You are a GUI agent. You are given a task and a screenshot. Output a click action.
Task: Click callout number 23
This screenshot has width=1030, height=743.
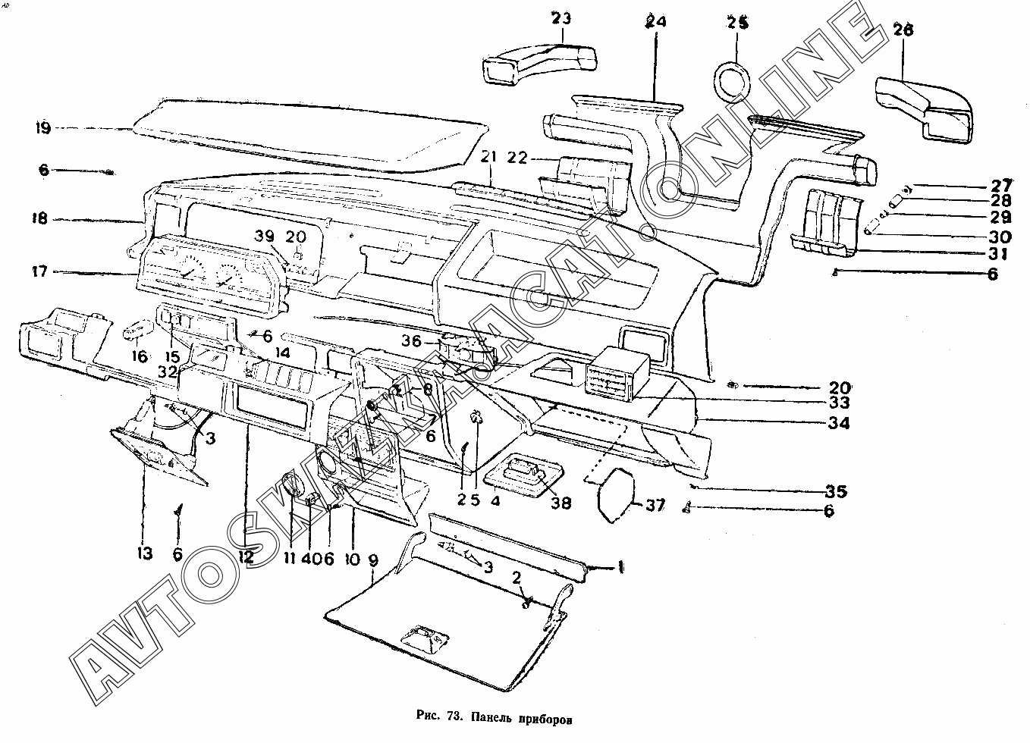[562, 18]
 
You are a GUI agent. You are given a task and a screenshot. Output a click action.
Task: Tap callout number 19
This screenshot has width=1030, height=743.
[42, 128]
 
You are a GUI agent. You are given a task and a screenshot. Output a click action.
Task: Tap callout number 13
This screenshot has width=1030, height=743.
[144, 554]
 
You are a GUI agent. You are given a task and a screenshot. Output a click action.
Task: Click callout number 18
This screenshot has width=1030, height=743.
[39, 219]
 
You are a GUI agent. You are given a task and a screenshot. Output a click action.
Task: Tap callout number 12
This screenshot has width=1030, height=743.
[244, 556]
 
